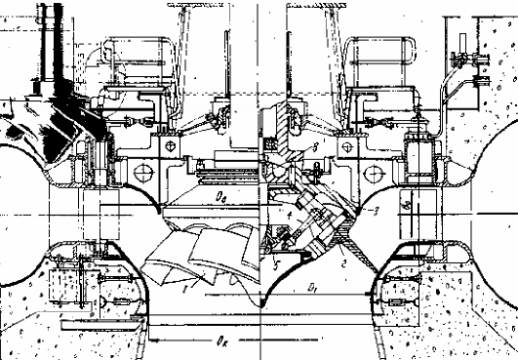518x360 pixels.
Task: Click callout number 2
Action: (344, 262)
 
